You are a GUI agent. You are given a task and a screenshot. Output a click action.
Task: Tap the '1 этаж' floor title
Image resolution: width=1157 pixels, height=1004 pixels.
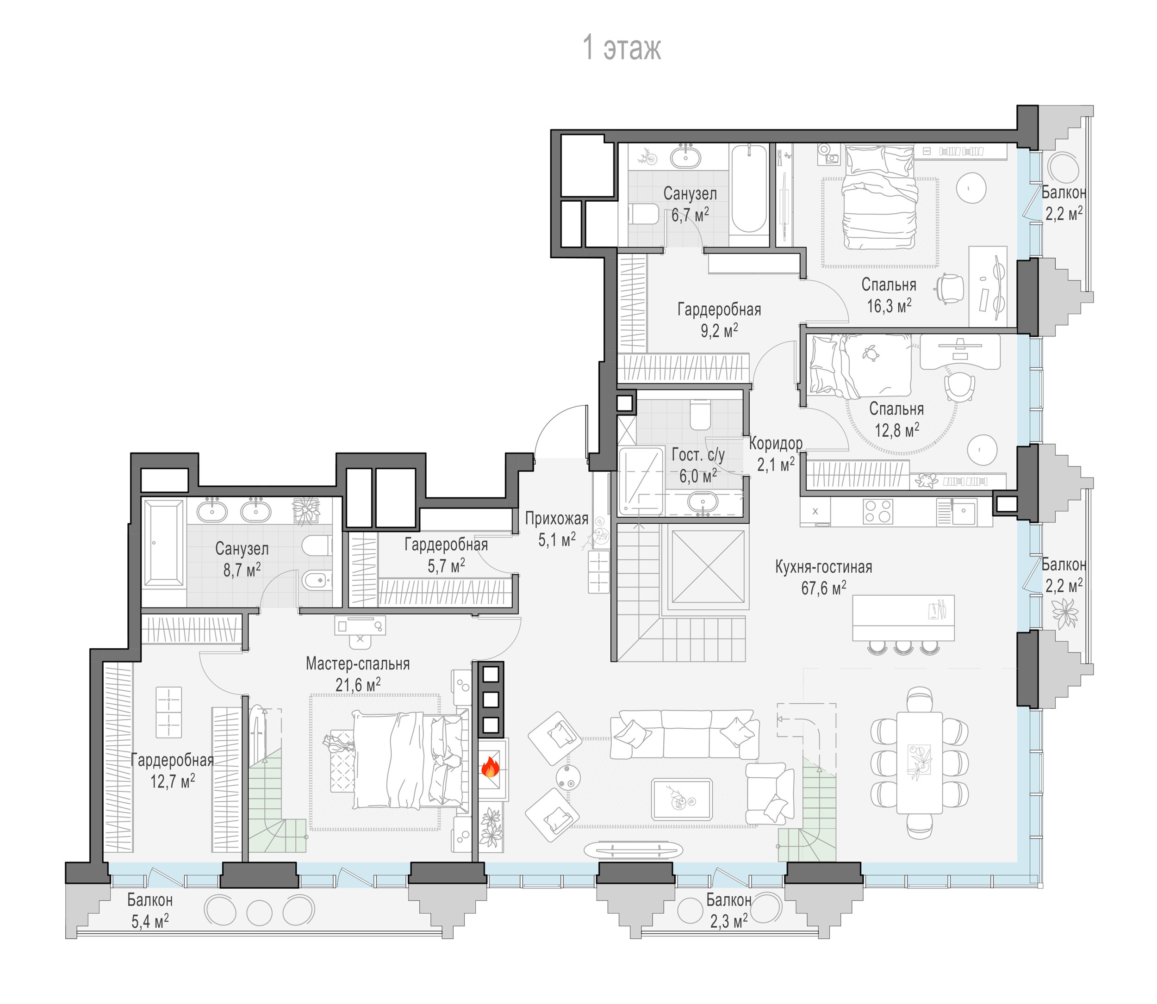(x=622, y=47)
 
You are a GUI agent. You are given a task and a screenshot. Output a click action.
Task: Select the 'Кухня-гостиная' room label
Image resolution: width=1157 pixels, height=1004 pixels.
(x=823, y=566)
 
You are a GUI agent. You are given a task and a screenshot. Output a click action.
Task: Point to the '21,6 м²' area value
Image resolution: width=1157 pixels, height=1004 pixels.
(x=358, y=684)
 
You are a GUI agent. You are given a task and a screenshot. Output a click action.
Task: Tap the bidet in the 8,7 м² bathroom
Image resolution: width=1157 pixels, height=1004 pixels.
(x=317, y=581)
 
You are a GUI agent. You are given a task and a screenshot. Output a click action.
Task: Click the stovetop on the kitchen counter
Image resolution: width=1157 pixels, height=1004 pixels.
(x=878, y=511)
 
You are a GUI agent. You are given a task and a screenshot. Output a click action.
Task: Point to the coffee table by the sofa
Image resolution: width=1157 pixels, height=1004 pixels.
(x=682, y=799)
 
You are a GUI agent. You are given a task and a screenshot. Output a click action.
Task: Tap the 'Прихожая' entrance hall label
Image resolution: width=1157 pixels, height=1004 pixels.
(x=556, y=518)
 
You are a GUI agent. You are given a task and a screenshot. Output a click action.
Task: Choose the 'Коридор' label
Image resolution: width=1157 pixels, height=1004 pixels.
(x=776, y=443)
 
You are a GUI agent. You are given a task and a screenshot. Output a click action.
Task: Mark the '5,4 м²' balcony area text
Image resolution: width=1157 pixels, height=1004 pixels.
(x=149, y=921)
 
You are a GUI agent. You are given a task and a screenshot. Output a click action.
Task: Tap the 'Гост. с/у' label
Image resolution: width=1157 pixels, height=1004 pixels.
(x=697, y=454)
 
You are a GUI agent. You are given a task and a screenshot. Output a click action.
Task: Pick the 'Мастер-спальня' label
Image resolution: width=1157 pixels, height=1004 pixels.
(x=357, y=663)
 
